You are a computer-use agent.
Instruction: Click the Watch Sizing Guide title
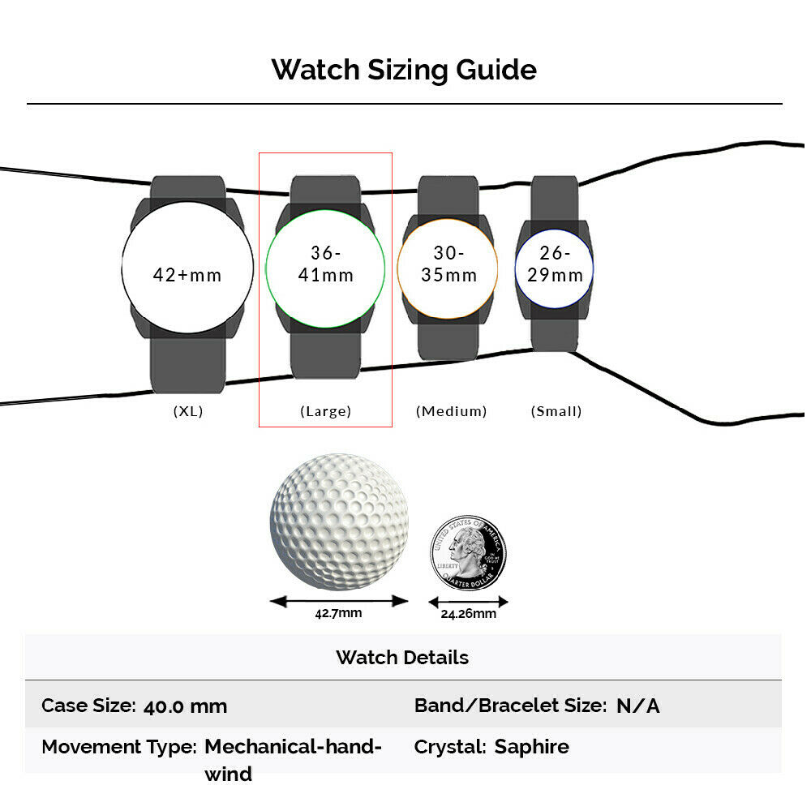point(404,70)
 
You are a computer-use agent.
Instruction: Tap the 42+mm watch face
point(188,268)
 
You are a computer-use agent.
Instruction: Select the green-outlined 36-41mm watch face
point(325,268)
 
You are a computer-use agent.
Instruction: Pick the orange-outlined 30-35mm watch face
point(448,268)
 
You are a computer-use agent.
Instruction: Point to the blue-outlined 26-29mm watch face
point(554,268)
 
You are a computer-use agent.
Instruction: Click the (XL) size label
point(188,411)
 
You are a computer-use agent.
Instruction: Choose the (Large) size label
point(326,411)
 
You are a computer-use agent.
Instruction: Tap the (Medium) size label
point(452,411)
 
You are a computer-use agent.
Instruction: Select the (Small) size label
point(556,411)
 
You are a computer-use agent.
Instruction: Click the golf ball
point(339,521)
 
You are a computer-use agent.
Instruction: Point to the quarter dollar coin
point(469,552)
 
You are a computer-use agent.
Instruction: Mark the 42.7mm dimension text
point(338,613)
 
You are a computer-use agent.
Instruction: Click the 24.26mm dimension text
point(469,614)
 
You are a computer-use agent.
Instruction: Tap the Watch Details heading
point(402,658)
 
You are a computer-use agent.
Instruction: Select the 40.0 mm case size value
point(185,706)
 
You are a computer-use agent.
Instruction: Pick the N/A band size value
point(638,706)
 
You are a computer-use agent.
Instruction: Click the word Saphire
point(532,747)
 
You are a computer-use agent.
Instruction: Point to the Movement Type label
point(119,748)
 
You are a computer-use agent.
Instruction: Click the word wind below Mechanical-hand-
point(228,775)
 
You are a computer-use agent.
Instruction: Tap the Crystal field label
point(450,748)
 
